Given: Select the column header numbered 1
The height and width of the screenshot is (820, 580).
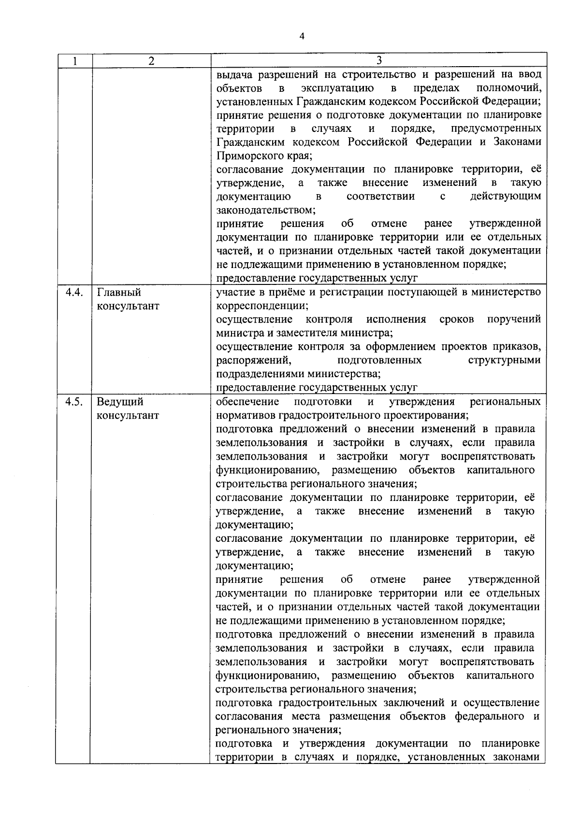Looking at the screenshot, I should [74, 61].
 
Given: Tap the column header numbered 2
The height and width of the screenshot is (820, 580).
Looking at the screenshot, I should [151, 61].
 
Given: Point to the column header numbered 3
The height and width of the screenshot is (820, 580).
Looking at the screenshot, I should [379, 60].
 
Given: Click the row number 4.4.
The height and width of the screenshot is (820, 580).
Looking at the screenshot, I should [74, 293].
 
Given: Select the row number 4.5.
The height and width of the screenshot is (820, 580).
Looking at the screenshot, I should [74, 402].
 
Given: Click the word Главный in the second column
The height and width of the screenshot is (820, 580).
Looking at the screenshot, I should [119, 293].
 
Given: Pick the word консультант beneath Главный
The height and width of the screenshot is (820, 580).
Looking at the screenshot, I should [128, 306].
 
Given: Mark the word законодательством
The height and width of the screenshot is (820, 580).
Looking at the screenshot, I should [265, 211].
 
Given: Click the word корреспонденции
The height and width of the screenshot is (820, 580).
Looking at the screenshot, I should [262, 306].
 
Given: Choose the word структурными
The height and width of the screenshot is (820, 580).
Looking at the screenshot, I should [504, 360].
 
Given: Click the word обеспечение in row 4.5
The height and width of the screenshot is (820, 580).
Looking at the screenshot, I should [247, 402].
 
